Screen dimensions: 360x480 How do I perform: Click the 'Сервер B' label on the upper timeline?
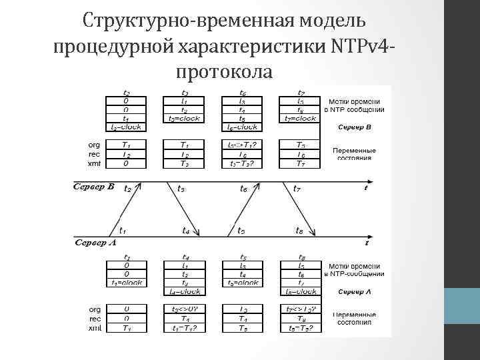pyautogui.click(x=93, y=187)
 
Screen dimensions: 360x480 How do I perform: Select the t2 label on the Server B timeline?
pyautogui.click(x=127, y=189)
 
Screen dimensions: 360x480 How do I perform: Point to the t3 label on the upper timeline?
pyautogui.click(x=181, y=189)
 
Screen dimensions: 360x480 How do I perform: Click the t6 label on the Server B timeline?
pyautogui.click(x=244, y=189)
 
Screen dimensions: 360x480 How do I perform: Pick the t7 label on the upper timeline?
pyautogui.click(x=297, y=189)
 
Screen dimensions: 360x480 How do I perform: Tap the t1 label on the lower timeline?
pyautogui.click(x=123, y=231)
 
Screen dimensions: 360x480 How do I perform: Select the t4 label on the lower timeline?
pyautogui.click(x=186, y=231)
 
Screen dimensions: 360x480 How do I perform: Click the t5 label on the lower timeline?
pyautogui.click(x=241, y=231)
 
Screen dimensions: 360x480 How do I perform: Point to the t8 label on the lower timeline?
pyautogui.click(x=300, y=231)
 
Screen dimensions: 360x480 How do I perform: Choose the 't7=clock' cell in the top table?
pyautogui.click(x=301, y=119)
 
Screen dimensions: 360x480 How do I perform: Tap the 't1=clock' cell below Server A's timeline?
pyautogui.click(x=127, y=283)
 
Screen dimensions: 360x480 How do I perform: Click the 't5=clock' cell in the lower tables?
pyautogui.click(x=242, y=283)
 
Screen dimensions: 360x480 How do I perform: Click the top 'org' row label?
pyautogui.click(x=94, y=144)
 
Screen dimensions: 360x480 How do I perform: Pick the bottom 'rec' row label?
pyautogui.click(x=94, y=318)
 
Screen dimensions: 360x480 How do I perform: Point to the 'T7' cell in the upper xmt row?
pyautogui.click(x=301, y=163)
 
